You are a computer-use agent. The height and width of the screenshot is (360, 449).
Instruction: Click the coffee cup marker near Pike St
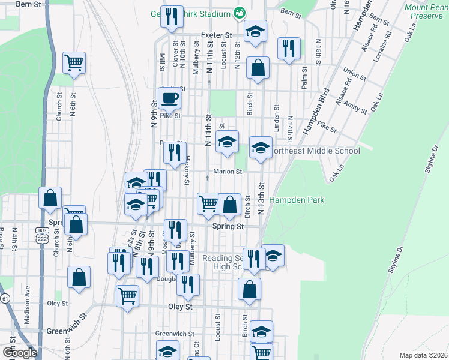coord(170,98)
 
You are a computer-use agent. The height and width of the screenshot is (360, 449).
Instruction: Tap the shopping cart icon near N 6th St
coord(74,62)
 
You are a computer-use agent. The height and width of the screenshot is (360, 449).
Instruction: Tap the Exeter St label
coord(216,35)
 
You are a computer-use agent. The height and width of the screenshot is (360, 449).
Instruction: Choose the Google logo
coord(20,353)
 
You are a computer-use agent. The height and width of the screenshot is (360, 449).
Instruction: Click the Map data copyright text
coord(423,355)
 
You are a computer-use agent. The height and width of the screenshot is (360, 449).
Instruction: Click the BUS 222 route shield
coord(41,235)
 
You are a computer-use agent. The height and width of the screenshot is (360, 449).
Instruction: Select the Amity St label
coord(355,108)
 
